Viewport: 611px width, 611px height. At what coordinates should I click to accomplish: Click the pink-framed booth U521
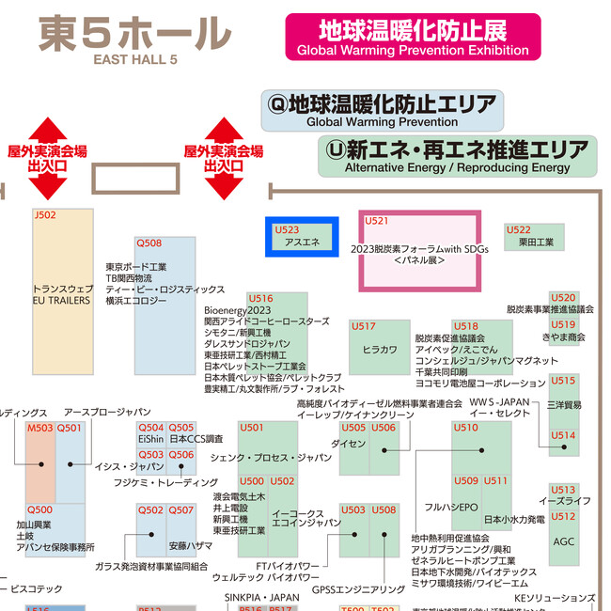coord(420,251)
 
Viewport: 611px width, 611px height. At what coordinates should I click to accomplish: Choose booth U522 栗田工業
coord(535,236)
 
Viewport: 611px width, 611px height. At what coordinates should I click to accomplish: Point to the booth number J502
coord(45,215)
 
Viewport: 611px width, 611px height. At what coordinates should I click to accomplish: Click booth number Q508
coord(149,243)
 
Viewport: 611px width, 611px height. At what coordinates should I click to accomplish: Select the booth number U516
coord(260,299)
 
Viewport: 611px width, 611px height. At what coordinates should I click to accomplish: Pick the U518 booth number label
coord(465,326)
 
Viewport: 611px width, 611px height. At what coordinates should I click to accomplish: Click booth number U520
coord(563,297)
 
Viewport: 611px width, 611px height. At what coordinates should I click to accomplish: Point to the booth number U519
coord(563,324)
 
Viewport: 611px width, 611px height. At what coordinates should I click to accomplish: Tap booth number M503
coord(39,428)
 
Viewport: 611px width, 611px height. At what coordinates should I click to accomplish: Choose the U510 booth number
coord(465,428)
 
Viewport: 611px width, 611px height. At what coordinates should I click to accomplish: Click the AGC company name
coord(563,542)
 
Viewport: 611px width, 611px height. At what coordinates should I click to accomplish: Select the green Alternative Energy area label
coord(457,157)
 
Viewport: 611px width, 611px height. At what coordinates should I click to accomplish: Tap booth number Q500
coord(39,509)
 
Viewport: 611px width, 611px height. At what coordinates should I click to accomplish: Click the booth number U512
coord(563,516)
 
